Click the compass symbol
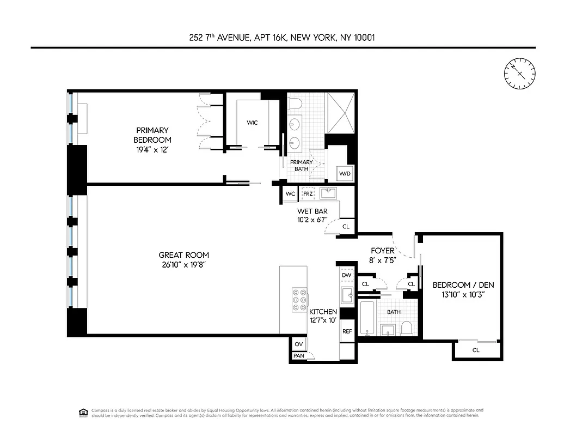tap(519, 73)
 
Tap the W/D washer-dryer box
tap(345, 174)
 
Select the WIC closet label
tap(252, 123)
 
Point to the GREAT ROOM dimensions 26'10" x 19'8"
tap(183, 264)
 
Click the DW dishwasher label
tap(347, 275)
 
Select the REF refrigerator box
tap(347, 331)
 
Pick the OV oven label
tap(298, 344)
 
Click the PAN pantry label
tap(298, 356)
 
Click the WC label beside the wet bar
tap(290, 194)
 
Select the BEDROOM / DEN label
tap(458, 285)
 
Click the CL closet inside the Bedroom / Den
tap(475, 350)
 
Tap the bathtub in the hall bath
tap(367, 318)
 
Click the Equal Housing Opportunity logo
tap(83, 411)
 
